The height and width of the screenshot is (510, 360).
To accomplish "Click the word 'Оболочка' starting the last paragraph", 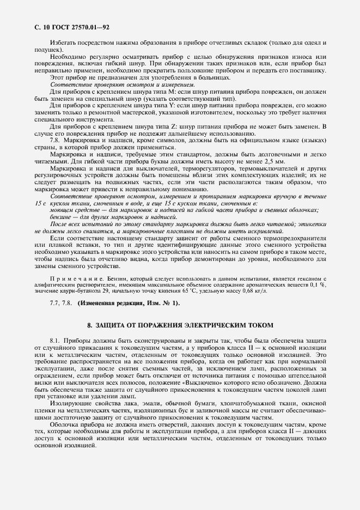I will click(65, 423).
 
